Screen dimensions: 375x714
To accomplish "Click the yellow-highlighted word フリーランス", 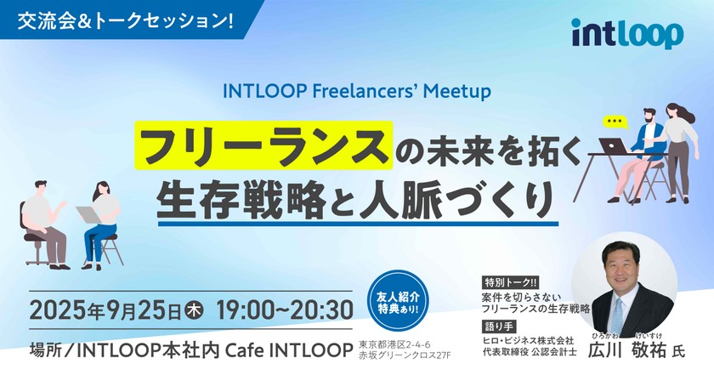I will pos(263,146).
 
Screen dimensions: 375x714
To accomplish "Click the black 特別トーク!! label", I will pos(508,281).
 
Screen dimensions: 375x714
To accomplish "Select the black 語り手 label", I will pos(499,325).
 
